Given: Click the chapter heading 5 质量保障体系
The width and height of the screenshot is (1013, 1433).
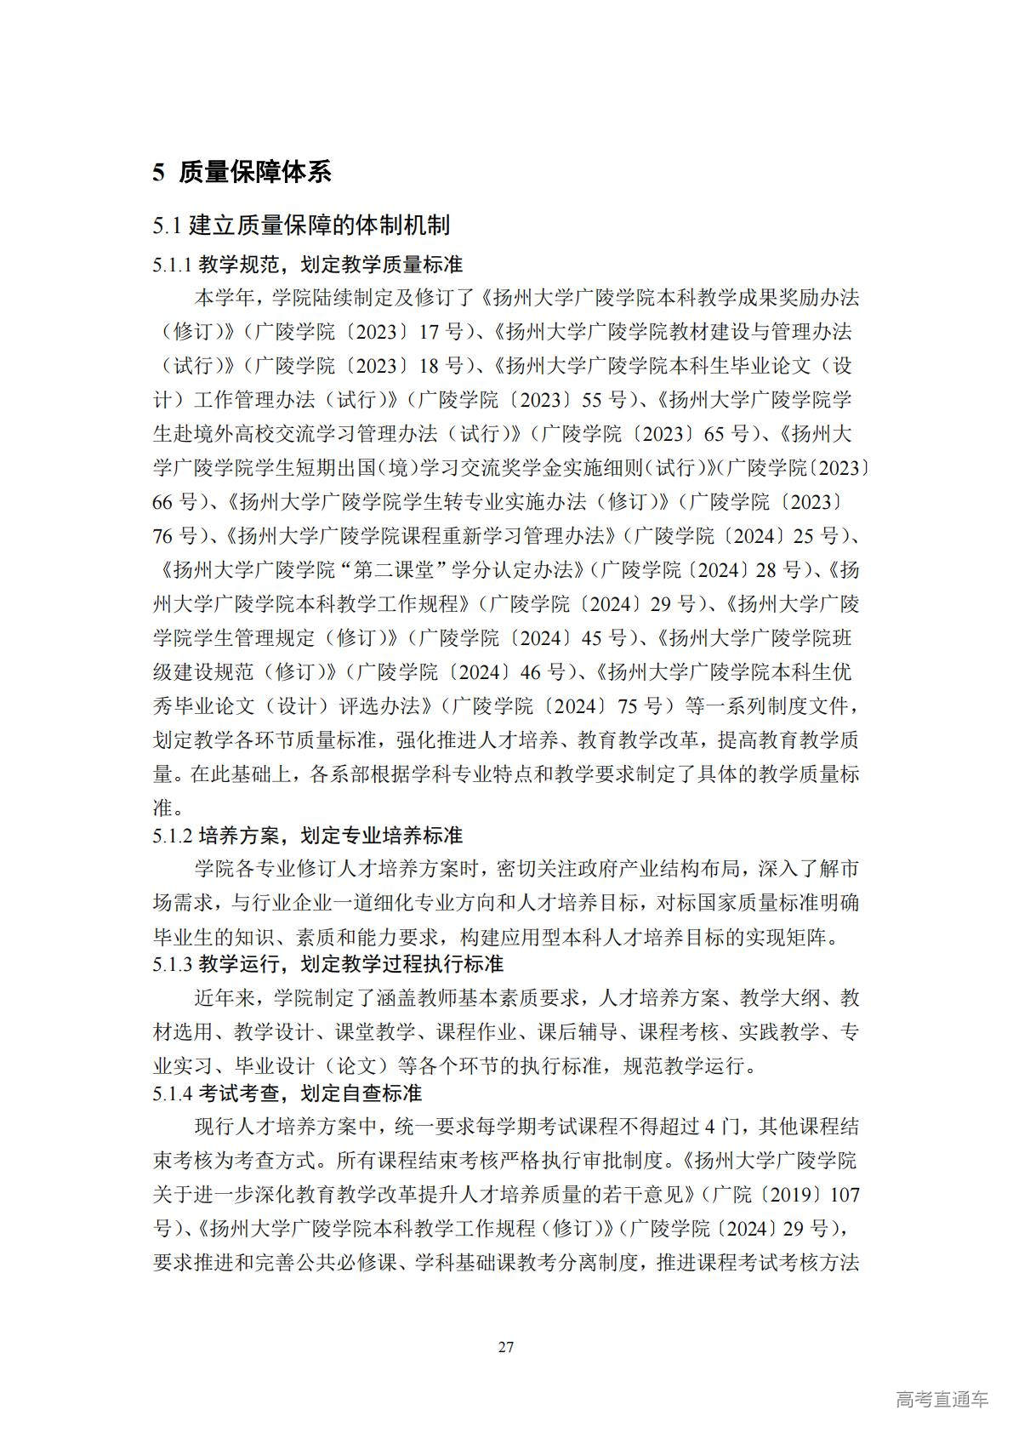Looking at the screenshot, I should (242, 173).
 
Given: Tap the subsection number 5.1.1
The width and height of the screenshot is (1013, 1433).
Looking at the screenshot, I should (173, 265).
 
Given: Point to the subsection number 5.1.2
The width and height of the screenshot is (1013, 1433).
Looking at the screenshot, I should (173, 836).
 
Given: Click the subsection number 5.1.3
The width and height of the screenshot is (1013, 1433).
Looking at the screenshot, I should (173, 964).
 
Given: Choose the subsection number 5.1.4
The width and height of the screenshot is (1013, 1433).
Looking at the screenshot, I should (173, 1093).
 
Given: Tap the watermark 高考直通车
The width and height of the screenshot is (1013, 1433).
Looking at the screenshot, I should (942, 1399).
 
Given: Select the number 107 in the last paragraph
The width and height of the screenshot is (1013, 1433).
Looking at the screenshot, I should (844, 1195).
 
